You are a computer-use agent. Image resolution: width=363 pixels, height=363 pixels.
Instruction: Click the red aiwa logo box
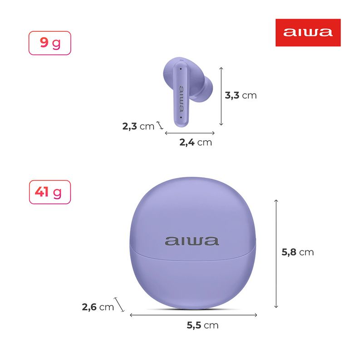point(308,33)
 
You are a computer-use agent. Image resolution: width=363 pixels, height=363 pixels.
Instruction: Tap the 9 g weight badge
point(50,43)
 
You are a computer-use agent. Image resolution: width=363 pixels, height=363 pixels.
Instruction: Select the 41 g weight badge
point(50,192)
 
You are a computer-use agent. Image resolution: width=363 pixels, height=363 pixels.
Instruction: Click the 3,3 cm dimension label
point(241,95)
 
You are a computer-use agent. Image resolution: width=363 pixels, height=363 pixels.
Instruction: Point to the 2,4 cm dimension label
point(196,142)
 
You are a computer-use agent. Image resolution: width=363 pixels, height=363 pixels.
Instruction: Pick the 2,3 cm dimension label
point(138,127)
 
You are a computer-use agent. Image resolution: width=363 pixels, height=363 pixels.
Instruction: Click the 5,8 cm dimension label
point(298,252)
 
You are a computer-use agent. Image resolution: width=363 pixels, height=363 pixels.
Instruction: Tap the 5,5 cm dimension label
point(202,325)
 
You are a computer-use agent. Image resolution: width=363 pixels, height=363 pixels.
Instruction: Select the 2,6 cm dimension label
point(98,307)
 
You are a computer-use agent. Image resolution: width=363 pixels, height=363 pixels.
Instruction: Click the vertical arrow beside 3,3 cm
point(221,96)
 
